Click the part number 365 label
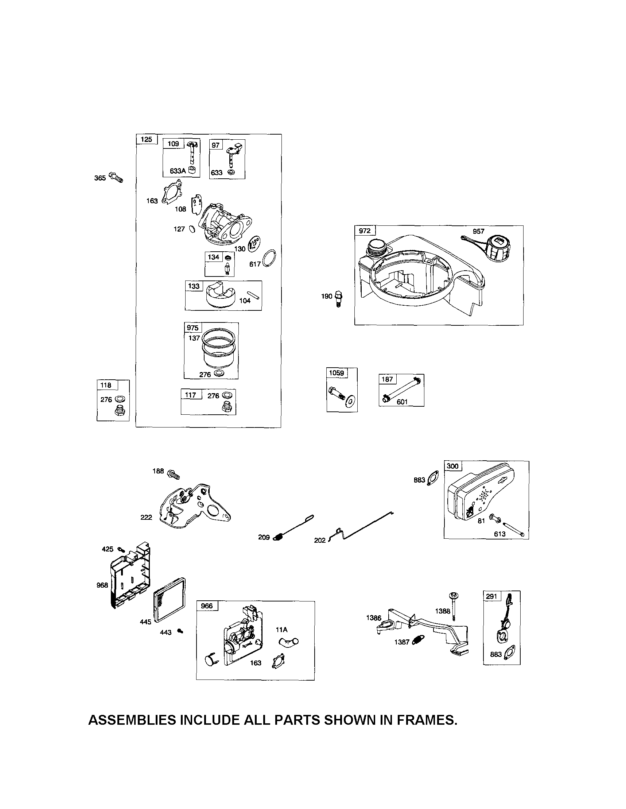100,178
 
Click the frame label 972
365,231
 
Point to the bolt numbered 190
338,297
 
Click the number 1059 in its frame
336,373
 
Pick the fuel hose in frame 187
402,389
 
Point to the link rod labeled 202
363,526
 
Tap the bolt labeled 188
173,473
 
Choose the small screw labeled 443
180,631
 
